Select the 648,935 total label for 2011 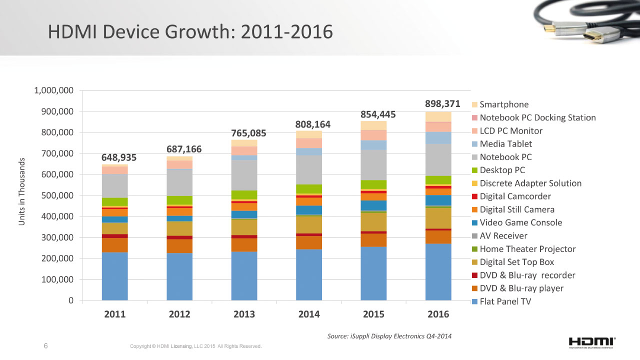point(119,157)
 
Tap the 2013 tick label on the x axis point(244,314)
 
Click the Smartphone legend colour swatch point(475,105)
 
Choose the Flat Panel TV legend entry point(505,301)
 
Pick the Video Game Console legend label point(520,222)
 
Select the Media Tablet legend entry point(506,144)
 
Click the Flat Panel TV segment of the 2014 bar point(309,274)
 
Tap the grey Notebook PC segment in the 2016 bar point(438,159)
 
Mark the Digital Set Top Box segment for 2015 point(373,222)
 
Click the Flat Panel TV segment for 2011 point(114,276)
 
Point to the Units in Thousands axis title point(21,191)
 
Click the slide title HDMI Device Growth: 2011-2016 point(190,32)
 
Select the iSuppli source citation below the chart point(389,336)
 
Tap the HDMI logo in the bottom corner point(591,341)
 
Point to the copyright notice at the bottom point(195,346)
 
